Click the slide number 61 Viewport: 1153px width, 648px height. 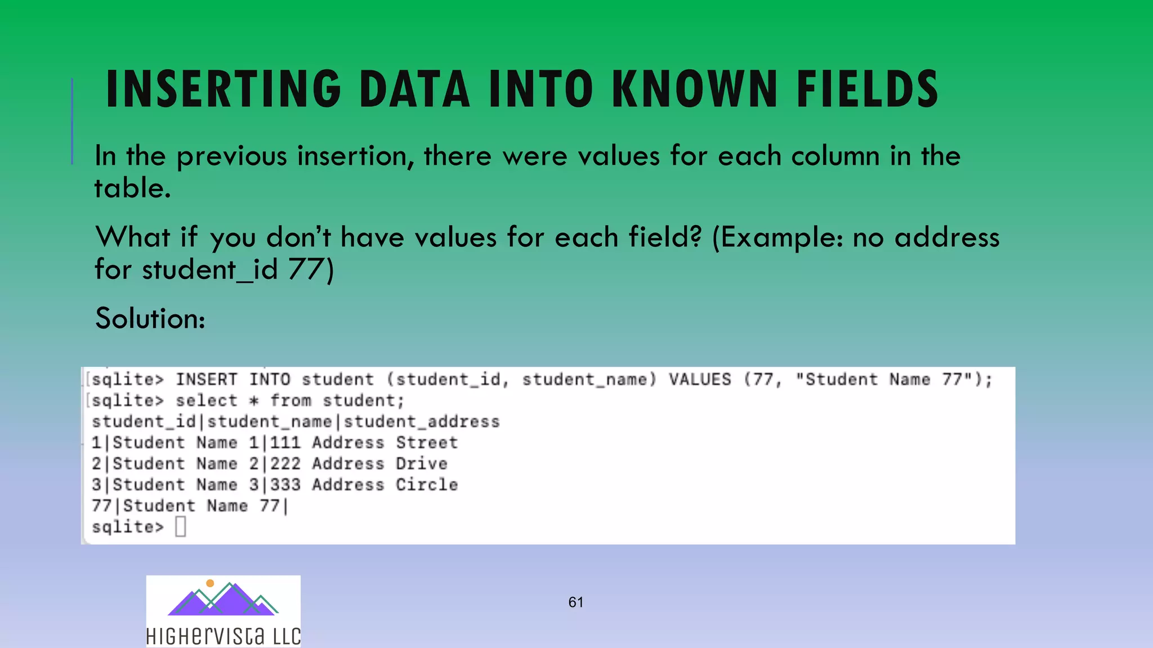575,602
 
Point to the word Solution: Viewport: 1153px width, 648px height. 150,318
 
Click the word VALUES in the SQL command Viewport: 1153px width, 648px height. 700,380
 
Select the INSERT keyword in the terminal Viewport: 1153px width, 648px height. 206,380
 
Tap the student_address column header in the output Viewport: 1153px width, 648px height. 422,422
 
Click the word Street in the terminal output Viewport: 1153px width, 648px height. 427,443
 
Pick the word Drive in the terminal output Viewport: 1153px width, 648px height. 422,464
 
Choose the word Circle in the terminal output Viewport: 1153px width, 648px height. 427,485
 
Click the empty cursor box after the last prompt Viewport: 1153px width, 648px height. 180,527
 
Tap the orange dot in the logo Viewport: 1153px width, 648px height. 210,583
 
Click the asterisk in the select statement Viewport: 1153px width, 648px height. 254,401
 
